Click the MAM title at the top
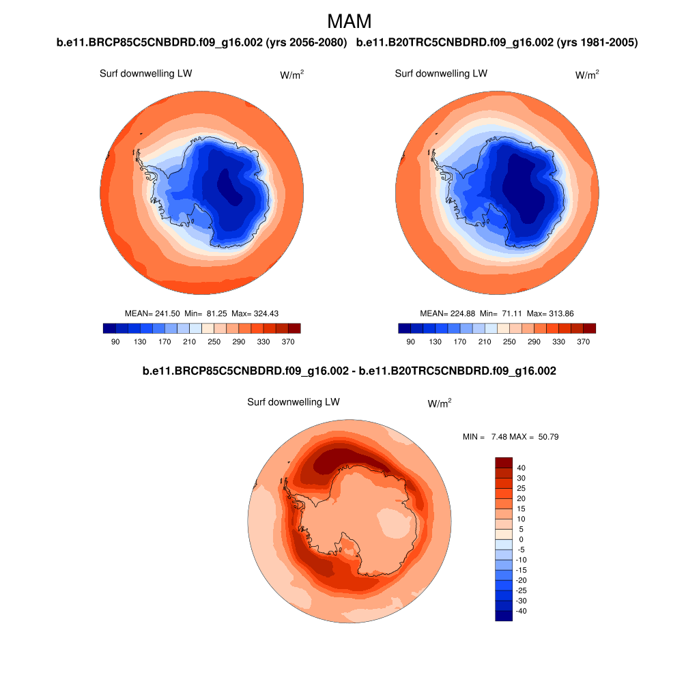coord(349,21)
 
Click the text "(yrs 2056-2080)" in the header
coord(306,43)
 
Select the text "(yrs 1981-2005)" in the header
coord(597,43)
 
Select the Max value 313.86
coord(559,313)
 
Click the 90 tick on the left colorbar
coord(115,341)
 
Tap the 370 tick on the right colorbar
coord(583,341)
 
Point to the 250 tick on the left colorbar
coord(214,341)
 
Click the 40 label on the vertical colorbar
coord(522,468)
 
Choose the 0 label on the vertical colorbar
coord(522,539)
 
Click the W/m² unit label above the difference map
coord(439,404)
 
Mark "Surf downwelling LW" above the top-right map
coord(441,74)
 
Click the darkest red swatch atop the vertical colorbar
coord(503,463)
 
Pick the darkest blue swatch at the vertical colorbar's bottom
coord(503,616)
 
